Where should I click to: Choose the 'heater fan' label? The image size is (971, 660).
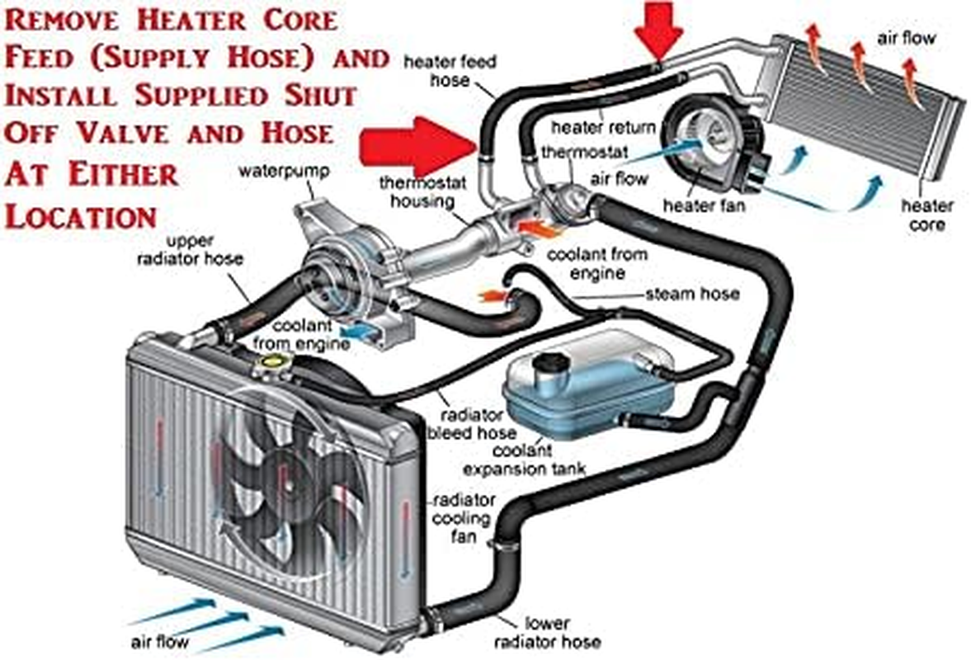tap(703, 206)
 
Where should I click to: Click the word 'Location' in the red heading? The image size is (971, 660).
tap(81, 216)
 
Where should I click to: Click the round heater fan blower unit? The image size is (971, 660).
tap(706, 139)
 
